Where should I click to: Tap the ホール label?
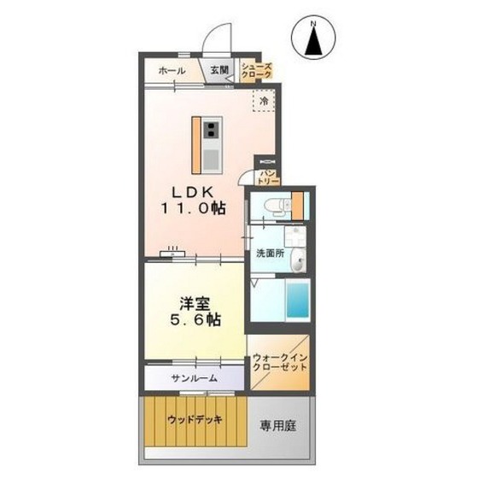167,71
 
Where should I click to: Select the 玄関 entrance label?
219,71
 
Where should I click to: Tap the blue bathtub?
297,300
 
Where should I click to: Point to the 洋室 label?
194,302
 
